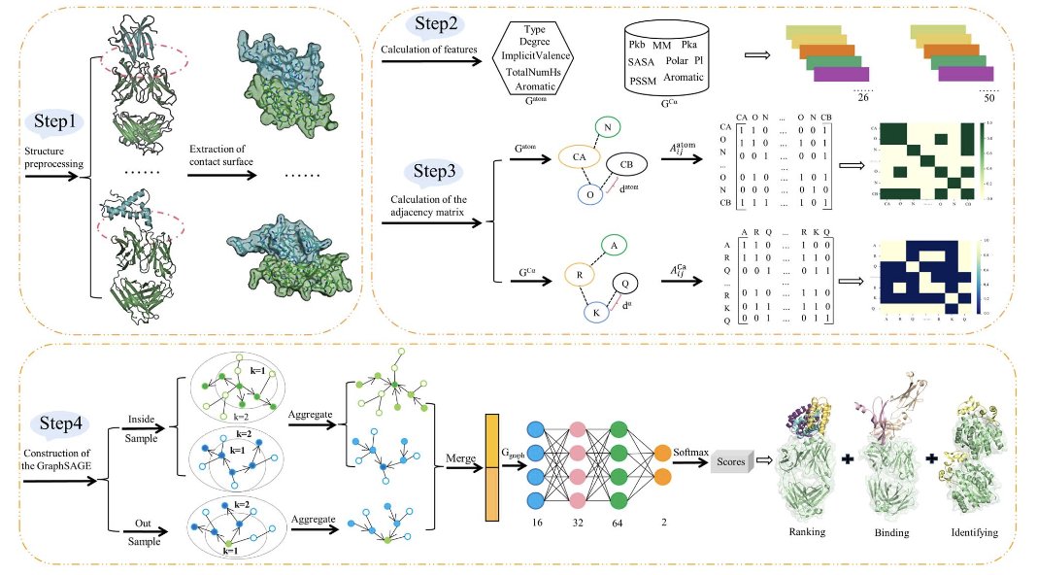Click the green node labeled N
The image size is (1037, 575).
[x=606, y=126]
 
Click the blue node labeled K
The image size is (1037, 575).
[x=597, y=311]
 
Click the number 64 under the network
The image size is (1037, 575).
[x=619, y=523]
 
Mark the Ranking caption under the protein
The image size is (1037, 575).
[x=809, y=532]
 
